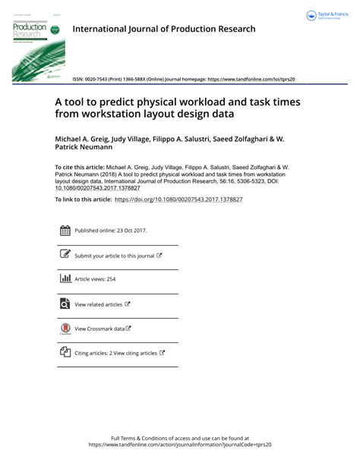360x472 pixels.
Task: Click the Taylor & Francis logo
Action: click(324, 16)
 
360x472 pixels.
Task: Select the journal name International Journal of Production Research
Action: click(163, 30)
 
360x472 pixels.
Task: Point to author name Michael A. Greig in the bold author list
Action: click(87, 140)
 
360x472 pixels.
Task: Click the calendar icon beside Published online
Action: click(65, 231)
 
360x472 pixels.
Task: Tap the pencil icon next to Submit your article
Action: click(65, 255)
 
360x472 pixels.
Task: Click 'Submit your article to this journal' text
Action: click(114, 256)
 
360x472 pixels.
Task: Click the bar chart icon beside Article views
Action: click(65, 279)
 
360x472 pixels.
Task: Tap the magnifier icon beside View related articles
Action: click(65, 304)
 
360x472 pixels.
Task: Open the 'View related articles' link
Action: click(98, 304)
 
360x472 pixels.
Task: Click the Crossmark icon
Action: click(65, 329)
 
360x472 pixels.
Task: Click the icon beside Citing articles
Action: click(65, 353)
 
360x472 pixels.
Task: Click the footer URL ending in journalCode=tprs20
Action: click(179, 445)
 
